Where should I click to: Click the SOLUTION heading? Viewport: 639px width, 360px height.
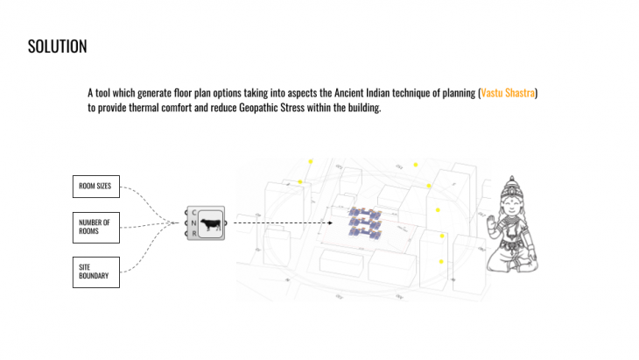click(57, 46)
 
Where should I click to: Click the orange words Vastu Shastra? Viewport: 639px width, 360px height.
click(508, 92)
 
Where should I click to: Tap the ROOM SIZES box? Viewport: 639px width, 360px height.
click(95, 186)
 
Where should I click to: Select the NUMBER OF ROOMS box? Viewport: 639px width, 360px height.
click(95, 227)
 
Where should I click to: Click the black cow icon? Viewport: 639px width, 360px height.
click(210, 226)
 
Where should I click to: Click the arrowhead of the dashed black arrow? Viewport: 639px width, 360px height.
click(330, 223)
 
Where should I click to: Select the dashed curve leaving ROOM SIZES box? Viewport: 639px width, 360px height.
click(144, 195)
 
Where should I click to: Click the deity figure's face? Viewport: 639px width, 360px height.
click(514, 207)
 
